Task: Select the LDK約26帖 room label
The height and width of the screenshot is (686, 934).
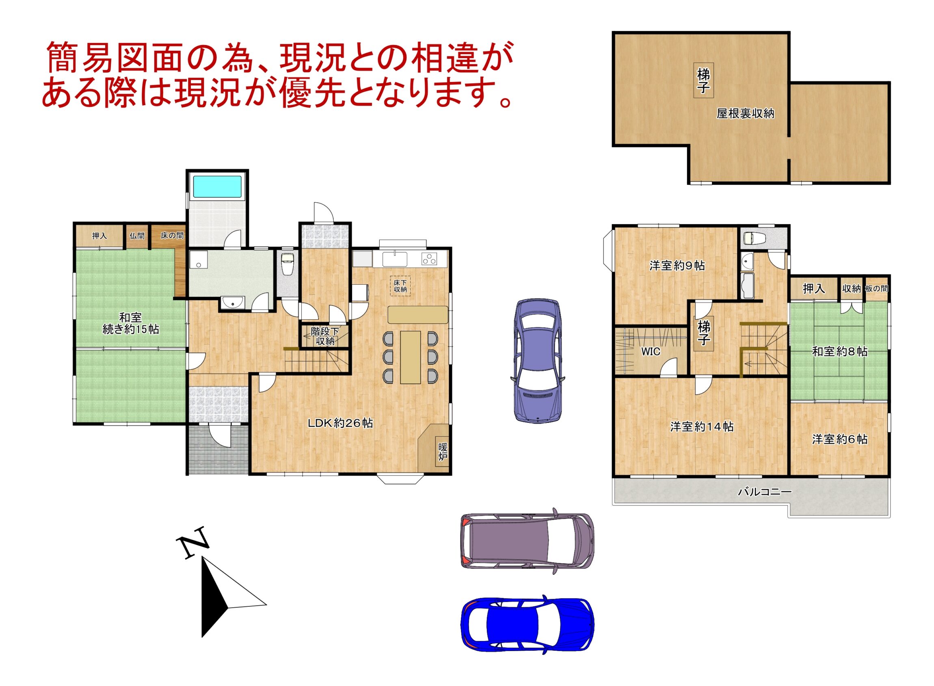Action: coord(340,423)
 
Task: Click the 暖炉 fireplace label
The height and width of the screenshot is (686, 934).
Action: coord(443,452)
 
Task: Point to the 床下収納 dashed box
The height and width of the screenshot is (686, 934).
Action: coord(400,286)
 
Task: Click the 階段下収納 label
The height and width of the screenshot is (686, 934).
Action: coord(325,336)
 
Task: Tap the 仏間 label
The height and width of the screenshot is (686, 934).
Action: coord(137,236)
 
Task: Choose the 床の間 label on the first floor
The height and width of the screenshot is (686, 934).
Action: coord(172,236)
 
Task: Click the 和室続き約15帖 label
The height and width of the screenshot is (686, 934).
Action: coord(131,323)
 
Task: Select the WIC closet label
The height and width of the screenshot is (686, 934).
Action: coord(651,352)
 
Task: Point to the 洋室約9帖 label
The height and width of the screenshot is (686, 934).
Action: coord(677,265)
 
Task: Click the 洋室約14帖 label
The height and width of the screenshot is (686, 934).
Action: coord(702,426)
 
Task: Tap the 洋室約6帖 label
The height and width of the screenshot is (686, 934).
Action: coord(839,439)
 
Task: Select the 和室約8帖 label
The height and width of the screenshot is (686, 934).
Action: coord(839,352)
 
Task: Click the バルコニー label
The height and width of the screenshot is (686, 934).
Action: coord(765,492)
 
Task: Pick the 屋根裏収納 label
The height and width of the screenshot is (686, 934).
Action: coord(745,113)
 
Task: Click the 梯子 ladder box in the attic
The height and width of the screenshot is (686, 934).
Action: coord(703,80)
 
